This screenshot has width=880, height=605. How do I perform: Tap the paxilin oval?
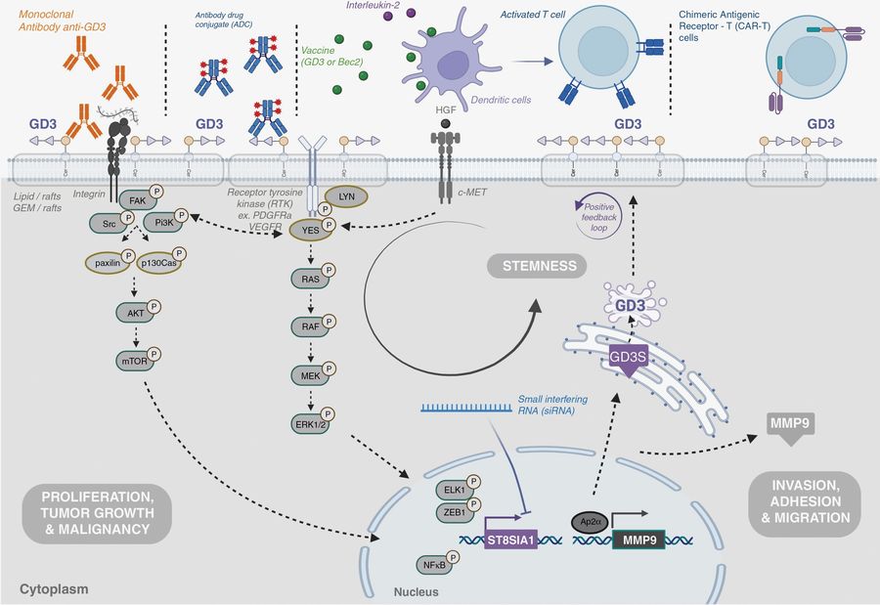106,263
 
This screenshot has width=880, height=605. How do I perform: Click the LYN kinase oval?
344,196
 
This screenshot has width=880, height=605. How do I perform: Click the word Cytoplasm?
55,590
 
